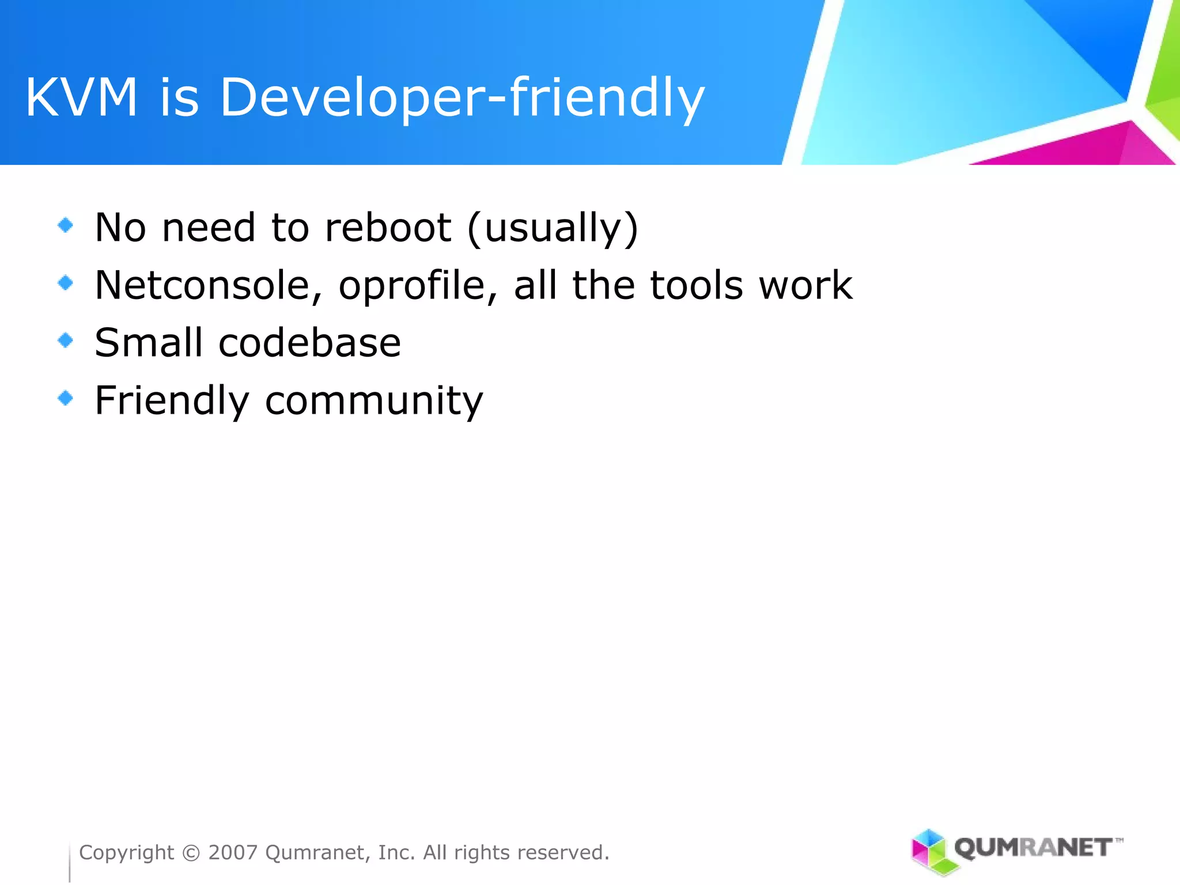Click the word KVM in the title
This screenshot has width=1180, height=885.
click(81, 98)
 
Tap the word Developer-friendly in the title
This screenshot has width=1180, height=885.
click(462, 98)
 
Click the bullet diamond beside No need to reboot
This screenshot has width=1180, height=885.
click(66, 225)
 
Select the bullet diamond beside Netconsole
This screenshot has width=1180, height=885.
click(66, 282)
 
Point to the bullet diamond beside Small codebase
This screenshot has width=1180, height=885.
click(66, 341)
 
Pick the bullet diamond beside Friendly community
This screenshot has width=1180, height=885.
click(66, 398)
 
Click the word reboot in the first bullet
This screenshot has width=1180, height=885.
click(388, 228)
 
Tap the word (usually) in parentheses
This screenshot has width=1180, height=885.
click(553, 229)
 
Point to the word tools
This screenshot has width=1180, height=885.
click(697, 285)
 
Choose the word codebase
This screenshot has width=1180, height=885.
click(309, 343)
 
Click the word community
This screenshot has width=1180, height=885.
click(374, 402)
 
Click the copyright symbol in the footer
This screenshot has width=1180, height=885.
click(191, 853)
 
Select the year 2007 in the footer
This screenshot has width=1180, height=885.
click(233, 853)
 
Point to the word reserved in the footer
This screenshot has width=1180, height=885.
click(558, 853)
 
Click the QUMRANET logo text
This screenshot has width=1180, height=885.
click(1034, 848)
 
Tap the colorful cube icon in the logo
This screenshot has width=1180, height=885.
click(929, 851)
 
